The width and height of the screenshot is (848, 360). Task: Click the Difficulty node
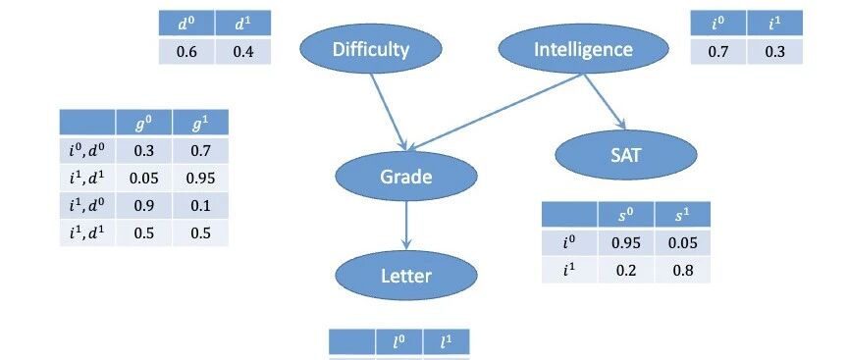pyautogui.click(x=371, y=49)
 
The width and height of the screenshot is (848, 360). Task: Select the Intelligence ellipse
pyautogui.click(x=583, y=49)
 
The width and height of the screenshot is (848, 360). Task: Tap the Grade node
pyautogui.click(x=406, y=177)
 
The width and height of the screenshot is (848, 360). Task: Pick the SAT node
pyautogui.click(x=626, y=155)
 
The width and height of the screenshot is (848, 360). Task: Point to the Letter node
pyautogui.click(x=406, y=276)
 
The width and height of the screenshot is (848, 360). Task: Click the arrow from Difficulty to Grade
pyautogui.click(x=389, y=112)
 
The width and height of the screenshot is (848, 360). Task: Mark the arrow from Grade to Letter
pyautogui.click(x=406, y=226)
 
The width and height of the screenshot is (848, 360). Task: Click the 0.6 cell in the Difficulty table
pyautogui.click(x=187, y=52)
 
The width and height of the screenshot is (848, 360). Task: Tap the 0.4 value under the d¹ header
pyautogui.click(x=242, y=52)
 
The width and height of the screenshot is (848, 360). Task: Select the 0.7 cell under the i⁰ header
pyautogui.click(x=718, y=52)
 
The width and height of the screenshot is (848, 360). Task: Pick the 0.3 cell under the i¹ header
pyautogui.click(x=774, y=52)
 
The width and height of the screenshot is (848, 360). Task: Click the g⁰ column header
pyautogui.click(x=143, y=123)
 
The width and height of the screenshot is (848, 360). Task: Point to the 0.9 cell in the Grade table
pyautogui.click(x=143, y=205)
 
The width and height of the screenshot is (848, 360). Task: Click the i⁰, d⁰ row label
pyautogui.click(x=87, y=150)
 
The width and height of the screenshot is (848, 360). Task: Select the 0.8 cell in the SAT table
pyautogui.click(x=682, y=270)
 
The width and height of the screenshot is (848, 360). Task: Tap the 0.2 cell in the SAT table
pyautogui.click(x=626, y=270)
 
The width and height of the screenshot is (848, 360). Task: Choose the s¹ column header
pyautogui.click(x=682, y=215)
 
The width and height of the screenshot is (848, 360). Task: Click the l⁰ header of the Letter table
pyautogui.click(x=399, y=342)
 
